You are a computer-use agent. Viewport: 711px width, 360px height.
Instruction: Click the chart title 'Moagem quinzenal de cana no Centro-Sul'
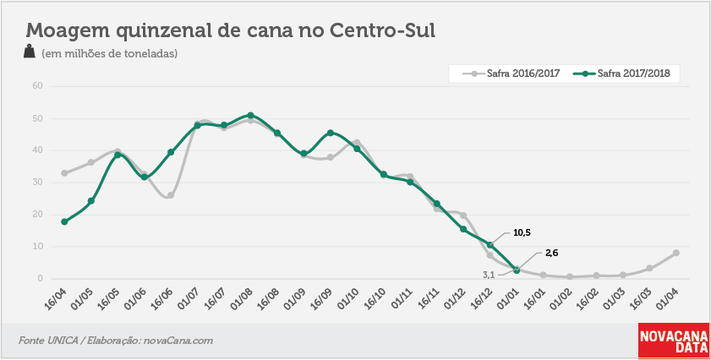pyautogui.click(x=230, y=30)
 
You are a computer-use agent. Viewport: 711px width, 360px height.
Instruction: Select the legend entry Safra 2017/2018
pyautogui.click(x=621, y=74)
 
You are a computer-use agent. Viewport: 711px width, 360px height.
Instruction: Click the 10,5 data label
pyautogui.click(x=522, y=233)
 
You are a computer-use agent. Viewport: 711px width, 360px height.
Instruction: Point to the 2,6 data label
pyautogui.click(x=551, y=254)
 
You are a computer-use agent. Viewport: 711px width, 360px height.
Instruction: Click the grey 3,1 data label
pyautogui.click(x=488, y=275)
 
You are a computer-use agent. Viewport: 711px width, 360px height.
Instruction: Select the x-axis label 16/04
pyautogui.click(x=55, y=299)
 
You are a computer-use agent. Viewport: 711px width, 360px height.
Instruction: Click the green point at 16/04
pyautogui.click(x=64, y=221)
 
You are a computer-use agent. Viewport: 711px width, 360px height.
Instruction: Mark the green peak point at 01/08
pyautogui.click(x=250, y=116)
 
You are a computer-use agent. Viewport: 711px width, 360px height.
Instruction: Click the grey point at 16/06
pyautogui.click(x=171, y=195)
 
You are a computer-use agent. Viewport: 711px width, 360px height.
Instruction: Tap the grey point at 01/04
pyautogui.click(x=676, y=253)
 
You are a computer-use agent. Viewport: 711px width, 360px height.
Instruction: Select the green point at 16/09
pyautogui.click(x=330, y=133)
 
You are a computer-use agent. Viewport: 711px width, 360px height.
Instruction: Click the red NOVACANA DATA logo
pyautogui.click(x=674, y=340)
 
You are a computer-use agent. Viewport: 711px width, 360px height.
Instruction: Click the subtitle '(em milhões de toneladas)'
pyautogui.click(x=109, y=53)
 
